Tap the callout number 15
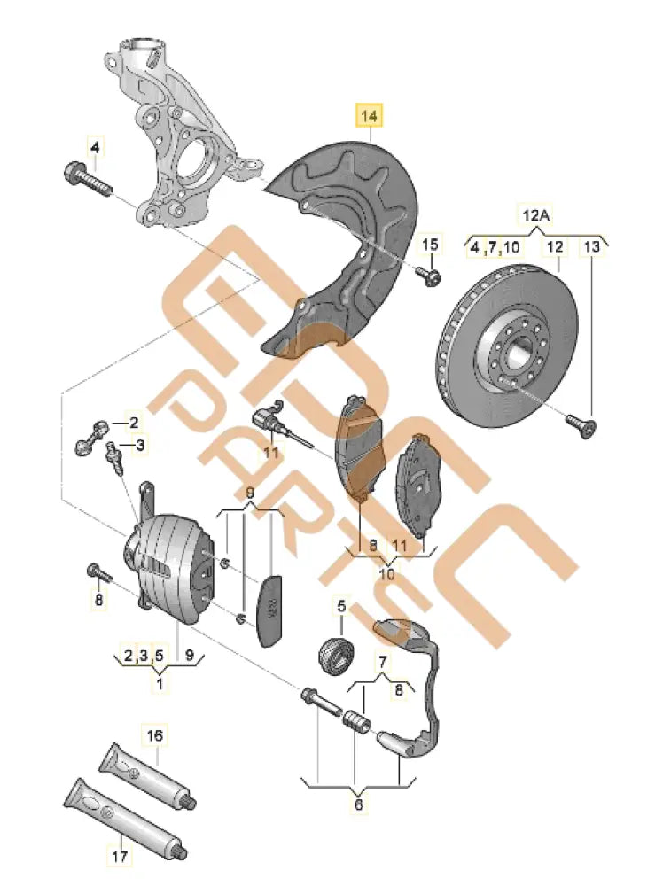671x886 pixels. point(429,245)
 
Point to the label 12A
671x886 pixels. point(534,214)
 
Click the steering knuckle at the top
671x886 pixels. point(177,133)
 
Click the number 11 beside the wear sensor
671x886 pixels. point(270,454)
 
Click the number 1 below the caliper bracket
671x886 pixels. point(160,684)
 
